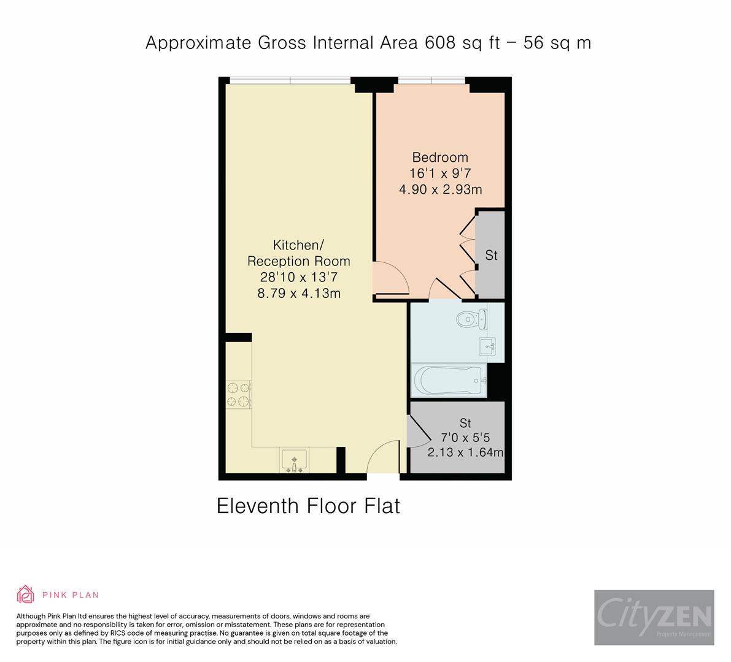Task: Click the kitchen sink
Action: click(294, 460)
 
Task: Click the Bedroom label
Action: click(440, 158)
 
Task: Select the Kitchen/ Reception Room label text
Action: click(298, 253)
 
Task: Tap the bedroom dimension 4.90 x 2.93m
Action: click(440, 189)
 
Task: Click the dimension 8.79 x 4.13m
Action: click(298, 294)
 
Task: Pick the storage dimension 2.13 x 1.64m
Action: click(465, 453)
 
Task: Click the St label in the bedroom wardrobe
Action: click(491, 256)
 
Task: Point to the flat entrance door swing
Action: click(382, 458)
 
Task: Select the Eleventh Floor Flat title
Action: click(308, 506)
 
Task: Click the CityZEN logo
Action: click(654, 617)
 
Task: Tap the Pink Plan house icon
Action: click(25, 595)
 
